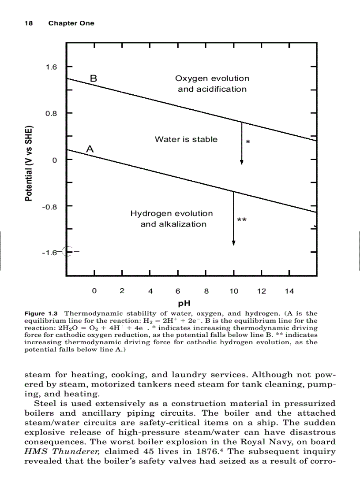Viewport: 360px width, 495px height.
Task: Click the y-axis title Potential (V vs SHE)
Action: (x=29, y=164)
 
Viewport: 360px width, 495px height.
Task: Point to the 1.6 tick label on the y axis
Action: (x=51, y=67)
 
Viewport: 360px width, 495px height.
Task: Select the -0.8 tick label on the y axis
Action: (x=49, y=206)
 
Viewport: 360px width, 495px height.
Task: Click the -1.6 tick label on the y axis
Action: (x=49, y=253)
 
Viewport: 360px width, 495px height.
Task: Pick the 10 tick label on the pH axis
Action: (x=234, y=291)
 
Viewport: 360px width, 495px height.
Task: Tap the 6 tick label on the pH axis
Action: (x=178, y=291)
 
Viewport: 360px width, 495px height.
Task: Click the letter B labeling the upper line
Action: (x=94, y=78)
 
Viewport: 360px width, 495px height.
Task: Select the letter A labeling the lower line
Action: (x=90, y=149)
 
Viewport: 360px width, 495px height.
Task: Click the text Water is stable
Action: (x=186, y=139)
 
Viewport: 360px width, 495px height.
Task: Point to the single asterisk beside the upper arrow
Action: (x=248, y=142)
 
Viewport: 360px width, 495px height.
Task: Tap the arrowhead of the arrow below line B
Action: (x=242, y=162)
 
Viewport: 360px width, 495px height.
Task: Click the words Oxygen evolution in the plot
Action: (x=212, y=78)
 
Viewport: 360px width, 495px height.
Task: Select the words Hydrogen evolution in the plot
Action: (x=171, y=213)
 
